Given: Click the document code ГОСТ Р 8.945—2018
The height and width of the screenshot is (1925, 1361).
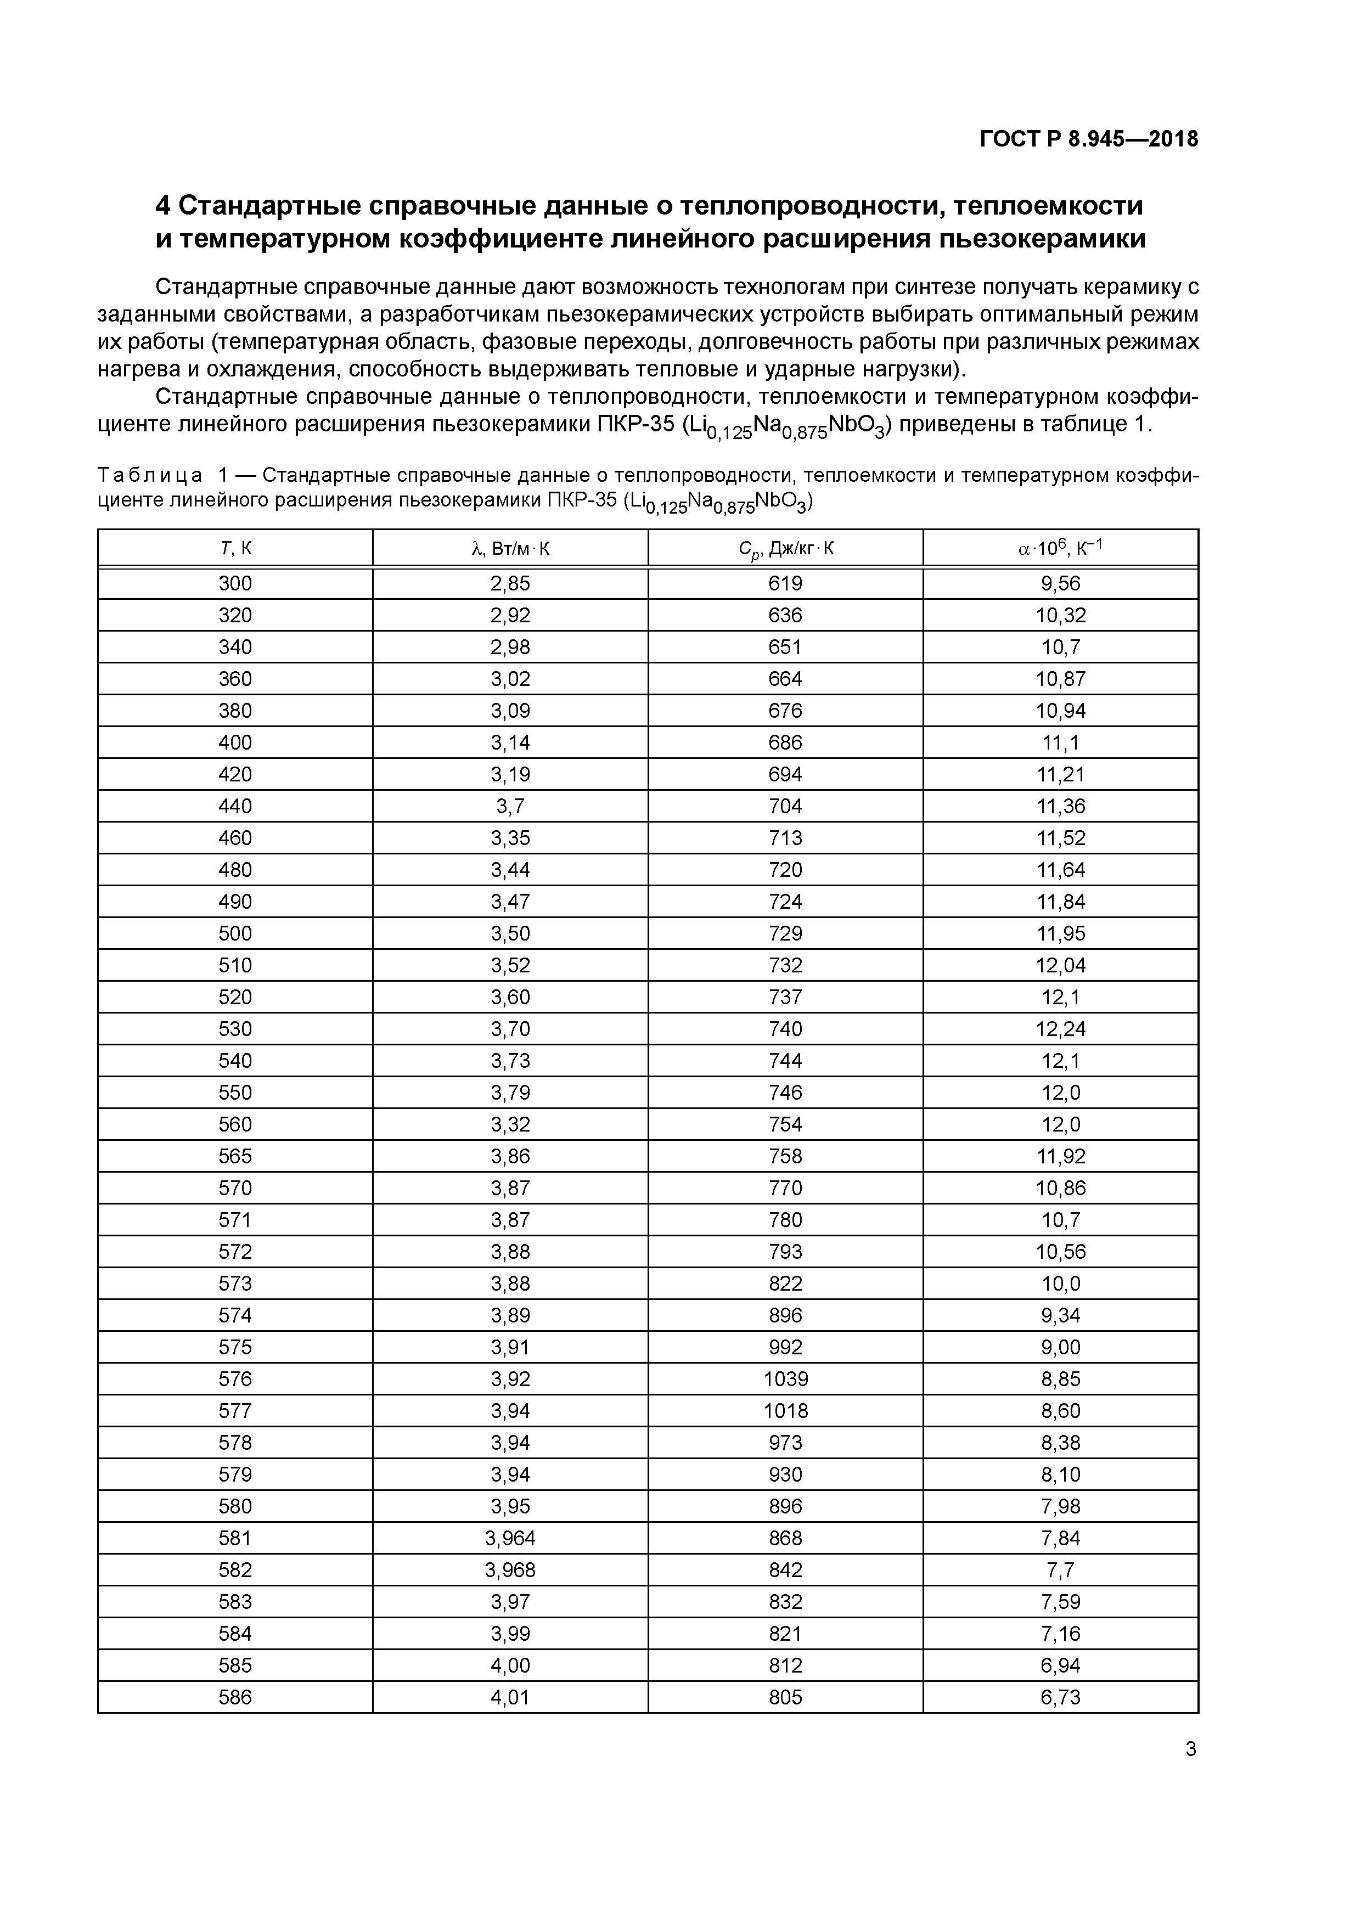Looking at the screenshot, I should point(1088,139).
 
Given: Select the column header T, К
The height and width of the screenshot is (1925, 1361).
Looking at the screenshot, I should point(235,549).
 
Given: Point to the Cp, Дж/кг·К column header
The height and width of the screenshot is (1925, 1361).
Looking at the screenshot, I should point(785,549).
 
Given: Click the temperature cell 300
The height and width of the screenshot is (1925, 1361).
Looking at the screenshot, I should point(235,583).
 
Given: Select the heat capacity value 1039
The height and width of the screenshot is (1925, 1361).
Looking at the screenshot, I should point(785,1379).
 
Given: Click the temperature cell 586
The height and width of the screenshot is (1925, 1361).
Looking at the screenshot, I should point(235,1698).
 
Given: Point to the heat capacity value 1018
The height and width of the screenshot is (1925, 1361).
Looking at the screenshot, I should point(785,1411).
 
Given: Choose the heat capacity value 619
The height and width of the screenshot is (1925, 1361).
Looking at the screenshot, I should point(785,583).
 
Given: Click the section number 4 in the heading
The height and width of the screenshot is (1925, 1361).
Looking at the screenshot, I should point(164,205).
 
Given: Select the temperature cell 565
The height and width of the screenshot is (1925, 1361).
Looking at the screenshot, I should point(235,1156).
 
